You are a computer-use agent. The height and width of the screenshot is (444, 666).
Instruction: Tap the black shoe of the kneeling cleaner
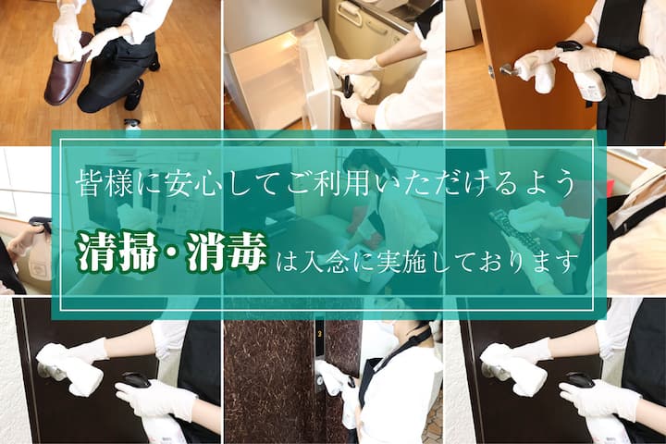135,94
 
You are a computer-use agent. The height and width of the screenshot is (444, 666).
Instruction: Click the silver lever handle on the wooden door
508,69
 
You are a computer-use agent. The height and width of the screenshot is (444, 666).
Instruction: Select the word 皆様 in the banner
103,184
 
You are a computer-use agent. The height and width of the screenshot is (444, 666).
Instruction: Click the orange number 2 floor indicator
319,333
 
